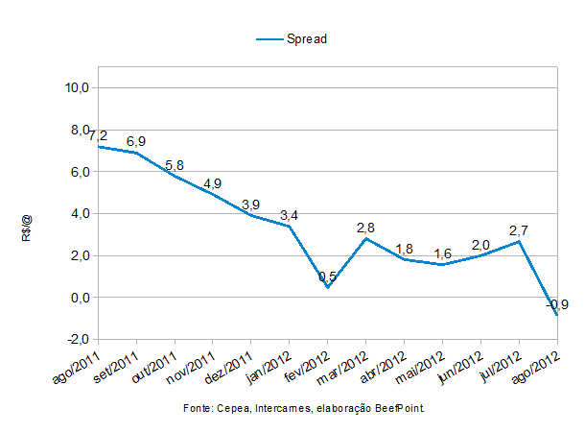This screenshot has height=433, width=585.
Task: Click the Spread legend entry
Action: click(294, 38)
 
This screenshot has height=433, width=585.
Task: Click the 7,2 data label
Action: click(98, 135)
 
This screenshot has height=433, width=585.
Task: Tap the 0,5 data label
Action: click(328, 277)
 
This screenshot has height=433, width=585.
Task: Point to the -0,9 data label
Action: click(558, 304)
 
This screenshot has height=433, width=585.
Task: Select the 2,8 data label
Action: click(366, 228)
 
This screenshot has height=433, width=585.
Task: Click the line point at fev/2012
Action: click(328, 287)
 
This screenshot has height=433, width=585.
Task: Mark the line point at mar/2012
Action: click(366, 238)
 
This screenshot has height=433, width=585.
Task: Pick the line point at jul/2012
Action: click(520, 241)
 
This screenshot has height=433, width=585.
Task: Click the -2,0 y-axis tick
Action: click(77, 340)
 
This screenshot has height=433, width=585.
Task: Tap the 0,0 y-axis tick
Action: click(79, 298)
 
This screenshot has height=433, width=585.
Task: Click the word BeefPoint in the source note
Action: click(398, 409)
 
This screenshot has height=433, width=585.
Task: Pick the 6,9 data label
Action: click(136, 141)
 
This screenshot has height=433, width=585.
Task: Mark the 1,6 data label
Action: click(443, 253)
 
